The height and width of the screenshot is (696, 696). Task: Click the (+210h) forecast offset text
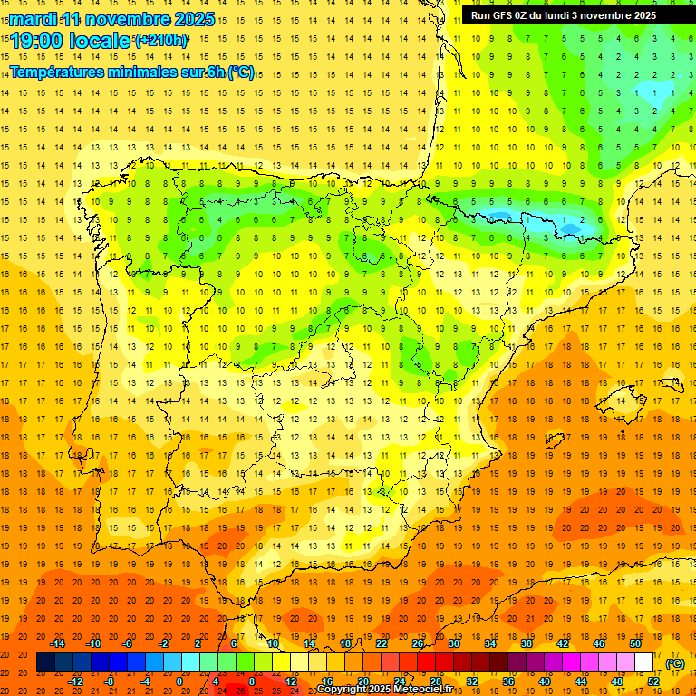click(x=161, y=41)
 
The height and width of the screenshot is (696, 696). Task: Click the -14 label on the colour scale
click(x=57, y=643)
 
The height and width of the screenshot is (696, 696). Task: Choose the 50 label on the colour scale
click(x=636, y=643)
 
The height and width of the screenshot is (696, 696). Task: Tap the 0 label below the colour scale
click(x=179, y=681)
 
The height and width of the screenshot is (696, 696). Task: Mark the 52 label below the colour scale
click(x=653, y=681)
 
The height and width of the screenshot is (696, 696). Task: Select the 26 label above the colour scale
click(x=418, y=643)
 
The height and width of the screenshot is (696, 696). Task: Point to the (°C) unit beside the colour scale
click(x=674, y=663)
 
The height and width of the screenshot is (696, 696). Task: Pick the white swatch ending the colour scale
click(x=644, y=662)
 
